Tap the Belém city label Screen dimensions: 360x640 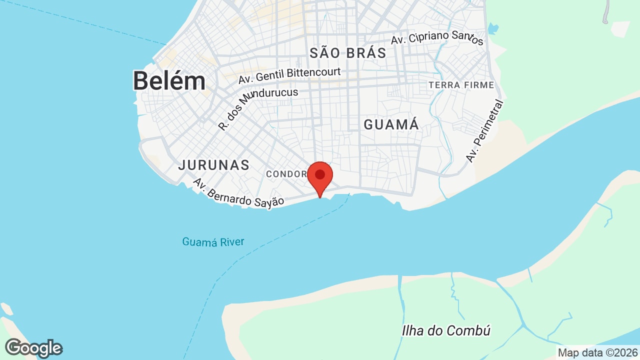(x=169, y=80)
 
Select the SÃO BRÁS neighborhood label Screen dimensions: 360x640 (x=348, y=53)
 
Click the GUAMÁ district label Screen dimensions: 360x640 (x=391, y=124)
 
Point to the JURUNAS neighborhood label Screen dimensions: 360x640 (x=213, y=165)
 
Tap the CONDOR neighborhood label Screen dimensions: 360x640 (x=286, y=174)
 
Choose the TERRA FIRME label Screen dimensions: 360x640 (x=461, y=85)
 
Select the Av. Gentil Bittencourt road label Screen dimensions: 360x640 (x=289, y=75)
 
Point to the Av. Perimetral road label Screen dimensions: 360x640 (x=485, y=131)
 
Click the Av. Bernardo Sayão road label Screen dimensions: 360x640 (x=238, y=194)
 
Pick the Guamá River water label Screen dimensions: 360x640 (x=213, y=242)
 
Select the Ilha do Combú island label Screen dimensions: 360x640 (x=446, y=330)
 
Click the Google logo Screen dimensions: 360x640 (x=33, y=348)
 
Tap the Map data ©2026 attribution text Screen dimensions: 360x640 (x=598, y=352)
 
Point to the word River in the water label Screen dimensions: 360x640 (x=232, y=242)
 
